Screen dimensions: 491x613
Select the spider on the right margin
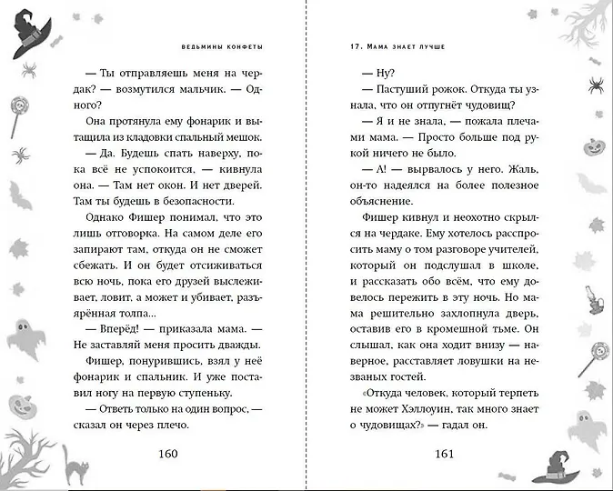pos(596,85)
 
